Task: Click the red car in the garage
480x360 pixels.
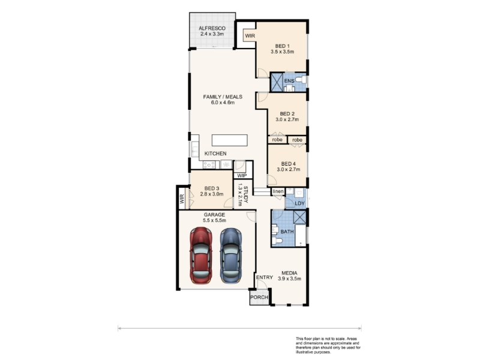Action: (201, 255)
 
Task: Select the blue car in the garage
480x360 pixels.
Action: (231, 256)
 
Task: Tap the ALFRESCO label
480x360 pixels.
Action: (212, 28)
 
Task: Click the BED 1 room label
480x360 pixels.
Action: (282, 46)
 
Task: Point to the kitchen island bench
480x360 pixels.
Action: (230, 140)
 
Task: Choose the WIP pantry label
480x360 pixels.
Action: (242, 176)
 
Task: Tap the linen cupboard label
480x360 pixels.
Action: (278, 191)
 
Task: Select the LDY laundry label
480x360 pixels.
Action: (299, 203)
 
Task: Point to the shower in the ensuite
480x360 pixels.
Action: (277, 82)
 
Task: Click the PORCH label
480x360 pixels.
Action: (259, 297)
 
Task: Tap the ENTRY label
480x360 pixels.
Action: (265, 277)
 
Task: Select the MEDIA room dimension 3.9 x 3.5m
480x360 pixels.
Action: (289, 278)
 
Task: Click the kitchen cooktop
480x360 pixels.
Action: (209, 164)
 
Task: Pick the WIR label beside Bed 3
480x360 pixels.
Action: (182, 199)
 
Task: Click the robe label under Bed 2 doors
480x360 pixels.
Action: (277, 140)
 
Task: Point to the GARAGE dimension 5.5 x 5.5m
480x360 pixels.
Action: (214, 220)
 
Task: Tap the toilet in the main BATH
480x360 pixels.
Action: (277, 241)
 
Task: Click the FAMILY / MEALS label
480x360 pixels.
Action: (223, 97)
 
